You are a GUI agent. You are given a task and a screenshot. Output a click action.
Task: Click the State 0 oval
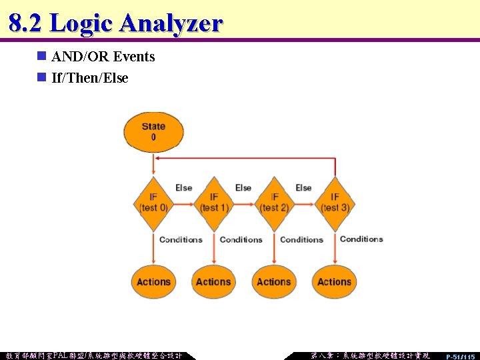tap(153, 131)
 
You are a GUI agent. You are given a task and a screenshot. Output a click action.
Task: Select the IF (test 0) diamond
tap(153, 201)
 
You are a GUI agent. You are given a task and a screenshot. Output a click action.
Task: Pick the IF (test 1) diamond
tap(213, 201)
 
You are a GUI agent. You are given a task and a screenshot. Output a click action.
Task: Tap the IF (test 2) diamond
tap(274, 201)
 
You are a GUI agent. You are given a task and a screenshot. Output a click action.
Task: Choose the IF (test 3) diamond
tap(334, 201)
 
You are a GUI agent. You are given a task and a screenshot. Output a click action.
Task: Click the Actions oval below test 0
tap(153, 281)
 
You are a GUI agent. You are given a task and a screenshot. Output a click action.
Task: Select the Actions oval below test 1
tap(213, 281)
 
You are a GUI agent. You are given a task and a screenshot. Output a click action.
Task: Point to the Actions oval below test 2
tap(274, 281)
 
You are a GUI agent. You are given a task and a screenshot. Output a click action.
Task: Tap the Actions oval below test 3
tap(334, 281)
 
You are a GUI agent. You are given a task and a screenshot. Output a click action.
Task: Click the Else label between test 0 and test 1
tap(183, 188)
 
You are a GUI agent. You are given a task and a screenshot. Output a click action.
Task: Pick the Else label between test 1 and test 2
tap(243, 188)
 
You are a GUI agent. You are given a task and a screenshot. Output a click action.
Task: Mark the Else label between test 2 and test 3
tap(303, 188)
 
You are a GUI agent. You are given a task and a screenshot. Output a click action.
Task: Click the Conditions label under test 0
tap(181, 239)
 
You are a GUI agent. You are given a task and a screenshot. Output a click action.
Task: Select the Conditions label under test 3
tap(361, 239)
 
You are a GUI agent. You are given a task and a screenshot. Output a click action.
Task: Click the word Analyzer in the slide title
tap(170, 23)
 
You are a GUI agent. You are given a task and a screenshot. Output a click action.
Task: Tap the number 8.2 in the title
tap(25, 23)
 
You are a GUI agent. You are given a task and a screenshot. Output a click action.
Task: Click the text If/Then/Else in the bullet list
tap(89, 78)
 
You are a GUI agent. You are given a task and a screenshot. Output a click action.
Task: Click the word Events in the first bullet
tap(134, 57)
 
